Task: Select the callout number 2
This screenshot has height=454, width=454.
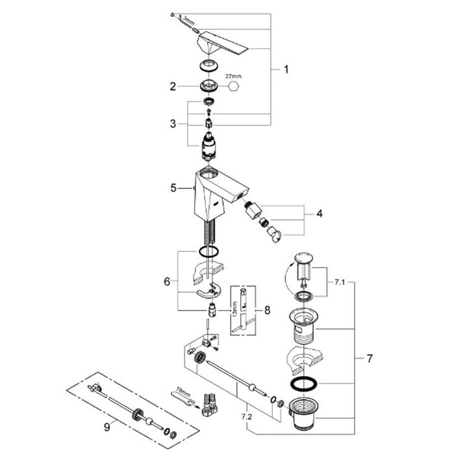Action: point(172,86)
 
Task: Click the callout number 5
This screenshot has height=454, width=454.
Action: point(173,188)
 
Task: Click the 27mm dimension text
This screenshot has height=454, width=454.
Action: point(232,76)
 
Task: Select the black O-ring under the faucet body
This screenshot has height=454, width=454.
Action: point(208,253)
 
